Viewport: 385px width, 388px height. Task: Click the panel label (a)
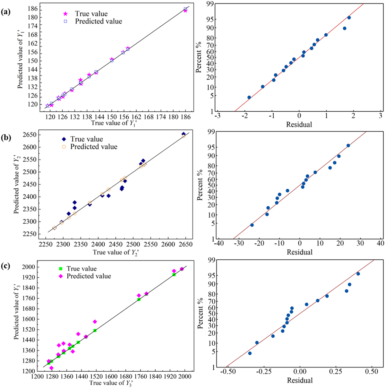tap(6, 13)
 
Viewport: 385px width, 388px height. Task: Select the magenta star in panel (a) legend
tap(65, 14)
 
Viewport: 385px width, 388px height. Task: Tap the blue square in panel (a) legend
tap(65, 22)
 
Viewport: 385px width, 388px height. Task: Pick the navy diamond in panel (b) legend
tap(64, 139)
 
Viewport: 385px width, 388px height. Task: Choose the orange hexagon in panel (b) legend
tap(64, 147)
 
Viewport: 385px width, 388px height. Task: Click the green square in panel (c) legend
tap(60, 269)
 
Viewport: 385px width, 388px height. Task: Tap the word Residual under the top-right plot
tap(299, 125)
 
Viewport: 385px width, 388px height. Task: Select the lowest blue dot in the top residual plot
tap(249, 97)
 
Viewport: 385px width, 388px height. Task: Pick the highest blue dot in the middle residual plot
tap(348, 145)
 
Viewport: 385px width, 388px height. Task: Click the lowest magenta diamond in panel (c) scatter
tap(51, 368)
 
